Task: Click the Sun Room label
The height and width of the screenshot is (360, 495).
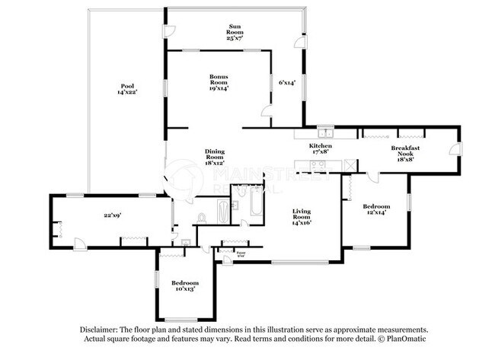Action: [x=235, y=33]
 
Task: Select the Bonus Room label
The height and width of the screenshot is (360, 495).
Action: [x=219, y=82]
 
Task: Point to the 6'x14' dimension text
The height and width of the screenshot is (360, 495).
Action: [x=286, y=82]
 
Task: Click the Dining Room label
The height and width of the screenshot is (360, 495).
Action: [x=215, y=158]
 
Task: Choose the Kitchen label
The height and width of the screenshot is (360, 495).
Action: [x=321, y=148]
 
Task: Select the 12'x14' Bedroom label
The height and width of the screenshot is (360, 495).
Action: [x=376, y=210]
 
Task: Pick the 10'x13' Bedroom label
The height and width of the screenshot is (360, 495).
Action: [x=184, y=286]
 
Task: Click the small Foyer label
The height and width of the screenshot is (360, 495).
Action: [x=241, y=253]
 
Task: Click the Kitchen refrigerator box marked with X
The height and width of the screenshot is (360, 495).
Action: [x=350, y=164]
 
